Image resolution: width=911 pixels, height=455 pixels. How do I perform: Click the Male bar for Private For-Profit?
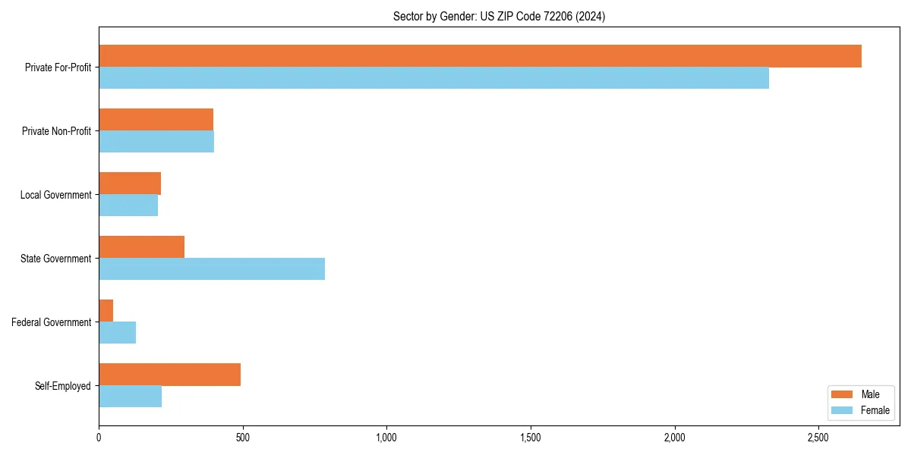(x=480, y=56)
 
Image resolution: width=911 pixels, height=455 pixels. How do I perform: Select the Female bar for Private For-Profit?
(x=433, y=78)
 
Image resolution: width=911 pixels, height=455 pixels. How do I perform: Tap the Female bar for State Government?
(x=212, y=269)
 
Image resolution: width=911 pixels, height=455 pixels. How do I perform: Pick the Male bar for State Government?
(x=141, y=247)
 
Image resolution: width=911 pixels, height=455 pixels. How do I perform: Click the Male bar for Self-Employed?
(x=169, y=375)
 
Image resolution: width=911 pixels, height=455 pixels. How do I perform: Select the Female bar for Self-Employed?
(x=130, y=397)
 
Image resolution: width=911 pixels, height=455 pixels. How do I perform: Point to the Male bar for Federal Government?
(x=106, y=311)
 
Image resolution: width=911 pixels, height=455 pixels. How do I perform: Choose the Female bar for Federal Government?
(x=117, y=333)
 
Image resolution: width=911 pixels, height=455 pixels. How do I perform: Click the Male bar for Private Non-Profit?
(x=156, y=120)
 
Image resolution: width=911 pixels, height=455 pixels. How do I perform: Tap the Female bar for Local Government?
(x=128, y=206)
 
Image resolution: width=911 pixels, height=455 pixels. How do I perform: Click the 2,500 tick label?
(x=818, y=438)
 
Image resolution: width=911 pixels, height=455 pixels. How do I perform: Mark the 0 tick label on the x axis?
(x=99, y=438)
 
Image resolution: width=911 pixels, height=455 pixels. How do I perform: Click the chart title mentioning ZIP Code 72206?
(x=499, y=16)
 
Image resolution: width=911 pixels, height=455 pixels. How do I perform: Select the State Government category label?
(x=55, y=259)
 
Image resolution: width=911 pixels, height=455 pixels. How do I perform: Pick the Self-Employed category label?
(x=62, y=386)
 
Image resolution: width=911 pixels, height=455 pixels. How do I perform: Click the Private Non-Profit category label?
(x=56, y=131)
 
